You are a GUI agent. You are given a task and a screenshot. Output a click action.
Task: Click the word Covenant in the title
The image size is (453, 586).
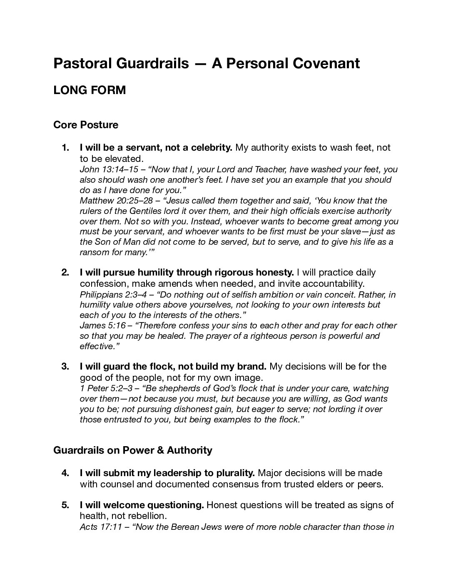point(326,63)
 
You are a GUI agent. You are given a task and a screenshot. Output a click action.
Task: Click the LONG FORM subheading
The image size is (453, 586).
point(90,90)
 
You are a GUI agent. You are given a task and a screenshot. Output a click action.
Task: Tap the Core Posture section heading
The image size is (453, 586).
point(86,125)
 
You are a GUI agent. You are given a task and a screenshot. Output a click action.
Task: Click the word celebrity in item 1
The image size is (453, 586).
point(214,148)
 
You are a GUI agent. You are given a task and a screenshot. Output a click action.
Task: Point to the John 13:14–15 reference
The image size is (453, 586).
point(104,169)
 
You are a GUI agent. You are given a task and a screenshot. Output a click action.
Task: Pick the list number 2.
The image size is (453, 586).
point(65,273)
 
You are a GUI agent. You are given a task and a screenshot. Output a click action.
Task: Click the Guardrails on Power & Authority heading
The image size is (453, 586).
point(132,450)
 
